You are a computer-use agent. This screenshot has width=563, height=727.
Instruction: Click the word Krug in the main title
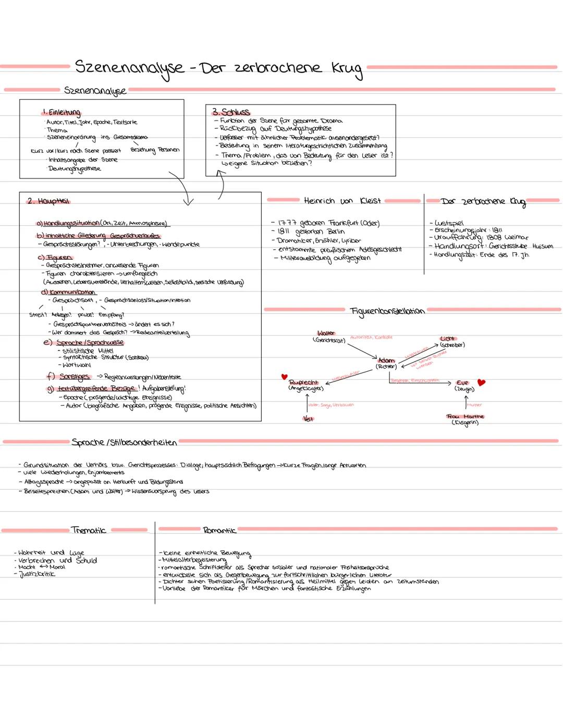click(x=347, y=69)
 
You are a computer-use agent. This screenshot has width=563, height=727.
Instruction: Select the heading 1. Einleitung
click(x=62, y=112)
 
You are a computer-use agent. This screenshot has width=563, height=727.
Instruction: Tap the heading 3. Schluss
click(x=230, y=112)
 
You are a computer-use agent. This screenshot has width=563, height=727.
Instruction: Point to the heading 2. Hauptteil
click(x=48, y=201)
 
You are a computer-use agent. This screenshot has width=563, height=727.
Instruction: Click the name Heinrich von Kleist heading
click(x=342, y=200)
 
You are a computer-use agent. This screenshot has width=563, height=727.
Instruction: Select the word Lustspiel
click(x=449, y=223)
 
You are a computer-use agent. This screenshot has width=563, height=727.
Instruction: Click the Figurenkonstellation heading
click(x=387, y=311)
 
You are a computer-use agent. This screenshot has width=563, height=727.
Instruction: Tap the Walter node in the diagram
click(x=326, y=333)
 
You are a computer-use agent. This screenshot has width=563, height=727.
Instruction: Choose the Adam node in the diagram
click(x=386, y=360)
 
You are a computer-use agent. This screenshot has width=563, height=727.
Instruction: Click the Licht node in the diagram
click(x=448, y=338)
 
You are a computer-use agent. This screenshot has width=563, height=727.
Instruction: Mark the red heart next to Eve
click(x=481, y=382)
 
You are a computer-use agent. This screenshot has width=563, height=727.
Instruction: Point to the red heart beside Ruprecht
click(x=284, y=377)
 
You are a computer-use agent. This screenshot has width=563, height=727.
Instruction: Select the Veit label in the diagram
click(x=308, y=418)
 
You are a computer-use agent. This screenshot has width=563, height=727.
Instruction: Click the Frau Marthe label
click(x=465, y=416)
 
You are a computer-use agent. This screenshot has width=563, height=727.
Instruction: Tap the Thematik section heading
click(x=89, y=530)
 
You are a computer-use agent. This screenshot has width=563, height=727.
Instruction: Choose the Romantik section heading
click(x=219, y=530)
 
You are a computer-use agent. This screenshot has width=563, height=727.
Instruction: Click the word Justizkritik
click(x=37, y=574)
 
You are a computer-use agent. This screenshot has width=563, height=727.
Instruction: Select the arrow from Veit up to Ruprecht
click(x=308, y=403)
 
